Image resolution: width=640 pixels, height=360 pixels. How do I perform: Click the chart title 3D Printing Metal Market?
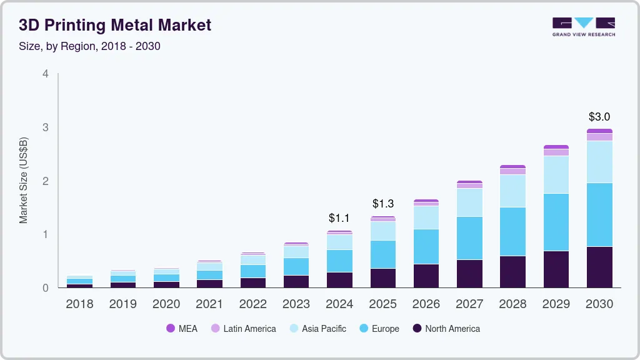(x=115, y=25)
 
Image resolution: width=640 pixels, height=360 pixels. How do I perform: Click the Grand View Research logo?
(x=583, y=27)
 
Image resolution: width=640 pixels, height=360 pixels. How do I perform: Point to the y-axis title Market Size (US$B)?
(x=24, y=181)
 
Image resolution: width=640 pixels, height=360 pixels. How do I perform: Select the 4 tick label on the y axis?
(x=45, y=74)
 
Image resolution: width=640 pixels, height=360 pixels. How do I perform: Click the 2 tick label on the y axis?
(x=45, y=181)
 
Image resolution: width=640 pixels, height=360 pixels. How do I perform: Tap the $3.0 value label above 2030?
(x=599, y=117)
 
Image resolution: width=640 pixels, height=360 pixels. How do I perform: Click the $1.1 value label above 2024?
(x=339, y=219)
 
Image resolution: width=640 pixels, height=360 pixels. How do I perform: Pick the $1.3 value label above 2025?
(x=382, y=204)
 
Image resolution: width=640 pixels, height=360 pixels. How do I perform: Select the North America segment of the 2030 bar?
(x=599, y=267)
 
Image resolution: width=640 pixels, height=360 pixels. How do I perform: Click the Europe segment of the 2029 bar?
(x=556, y=222)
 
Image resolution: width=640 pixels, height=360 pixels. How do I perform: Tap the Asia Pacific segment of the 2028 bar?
(x=512, y=191)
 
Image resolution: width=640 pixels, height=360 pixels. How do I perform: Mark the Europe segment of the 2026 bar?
(x=426, y=246)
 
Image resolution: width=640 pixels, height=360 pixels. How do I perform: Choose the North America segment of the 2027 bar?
(x=469, y=273)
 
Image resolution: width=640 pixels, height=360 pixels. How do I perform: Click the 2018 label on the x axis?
(x=79, y=304)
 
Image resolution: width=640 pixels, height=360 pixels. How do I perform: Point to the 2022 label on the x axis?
(x=252, y=304)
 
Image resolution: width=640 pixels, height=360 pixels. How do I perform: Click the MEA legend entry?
(x=182, y=329)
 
